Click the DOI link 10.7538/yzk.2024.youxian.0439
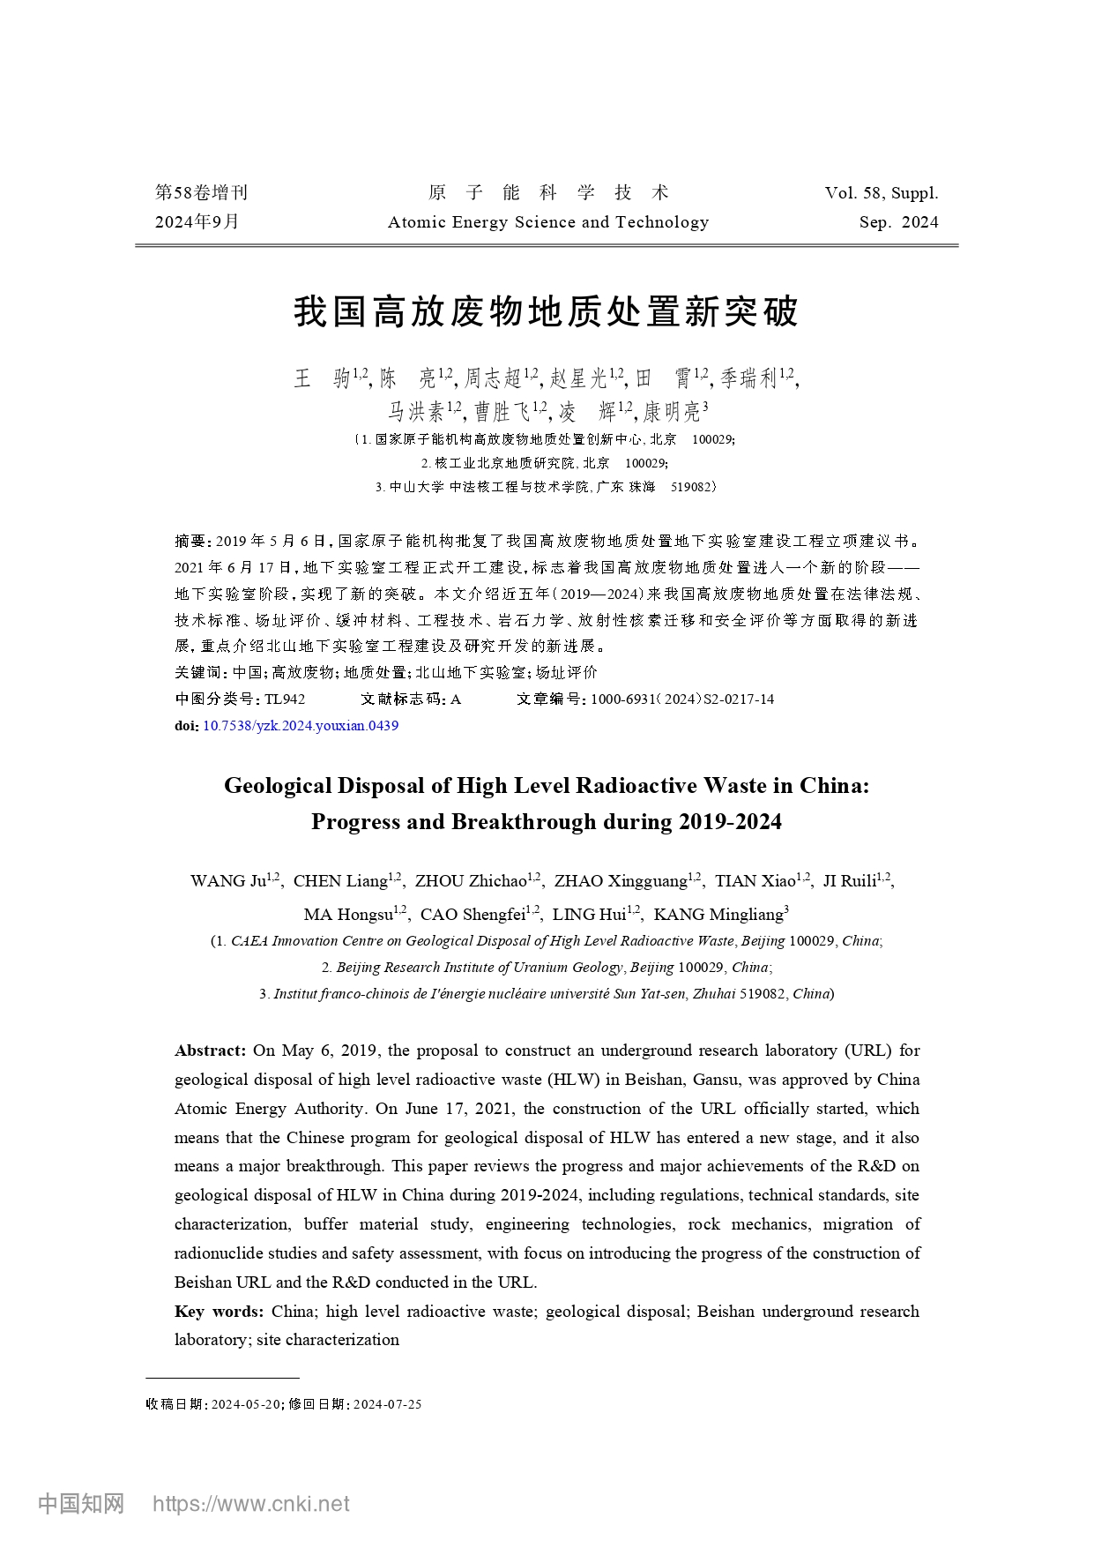[x=301, y=726]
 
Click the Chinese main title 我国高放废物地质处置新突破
[x=546, y=312]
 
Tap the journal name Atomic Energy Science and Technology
[x=547, y=222]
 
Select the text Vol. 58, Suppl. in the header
[x=881, y=193]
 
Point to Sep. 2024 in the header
[x=898, y=222]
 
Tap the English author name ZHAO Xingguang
[x=621, y=881]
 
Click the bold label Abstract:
[x=210, y=1051]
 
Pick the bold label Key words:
[x=219, y=1312]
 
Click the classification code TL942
[x=285, y=699]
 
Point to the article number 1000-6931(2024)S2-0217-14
[x=682, y=699]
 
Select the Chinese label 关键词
[x=198, y=672]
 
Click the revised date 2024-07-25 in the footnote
[x=387, y=1404]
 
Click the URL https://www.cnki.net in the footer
[x=251, y=1504]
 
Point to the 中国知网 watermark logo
[x=81, y=1504]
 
